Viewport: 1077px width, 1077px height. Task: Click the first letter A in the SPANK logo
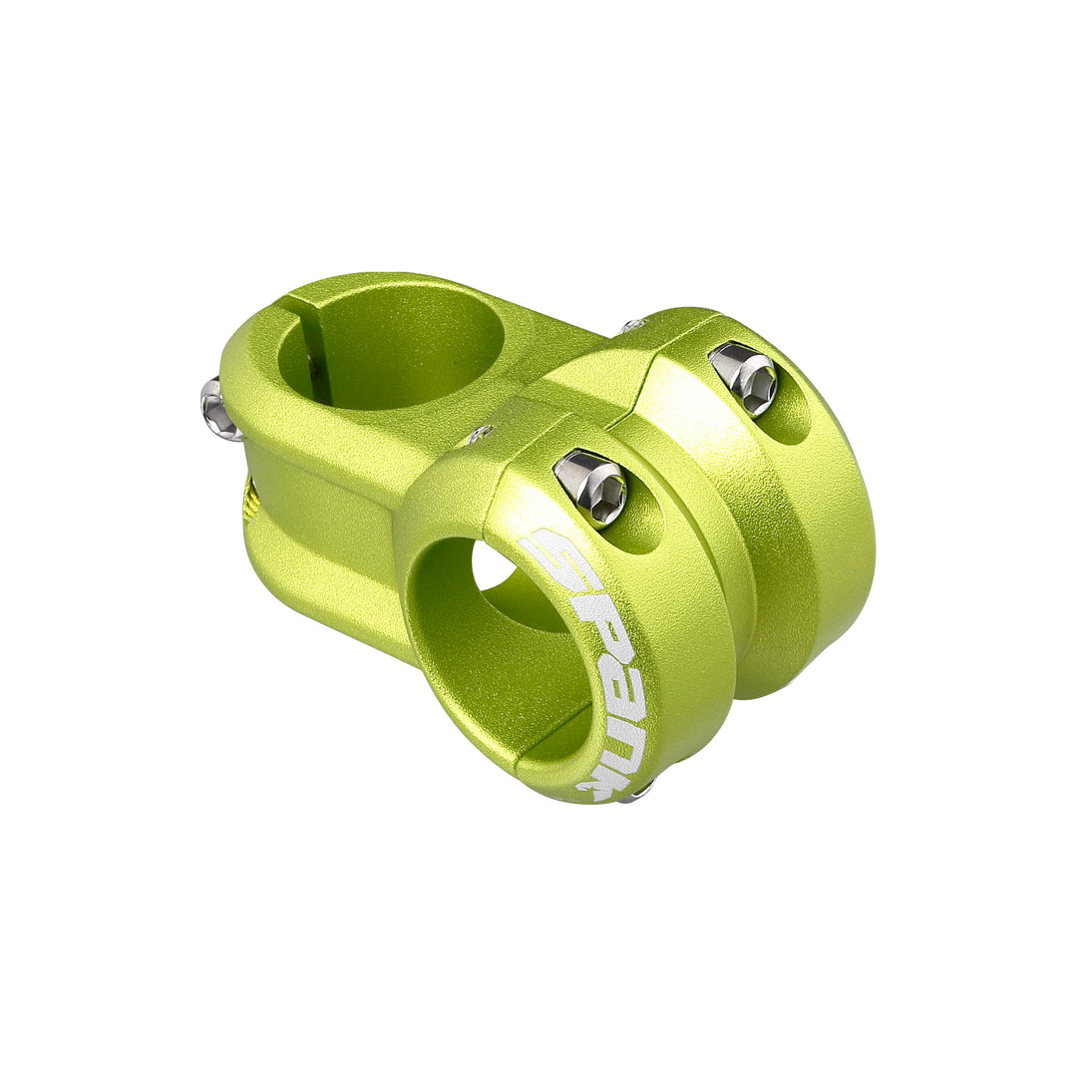click(x=619, y=670)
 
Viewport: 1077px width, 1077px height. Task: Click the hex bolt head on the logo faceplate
click(x=591, y=487)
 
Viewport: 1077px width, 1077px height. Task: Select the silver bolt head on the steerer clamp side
click(x=218, y=409)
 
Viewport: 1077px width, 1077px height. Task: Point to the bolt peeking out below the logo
click(x=636, y=793)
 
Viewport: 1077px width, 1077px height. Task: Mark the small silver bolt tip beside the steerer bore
click(x=479, y=434)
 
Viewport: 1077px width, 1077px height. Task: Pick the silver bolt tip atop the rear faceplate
click(x=630, y=325)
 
